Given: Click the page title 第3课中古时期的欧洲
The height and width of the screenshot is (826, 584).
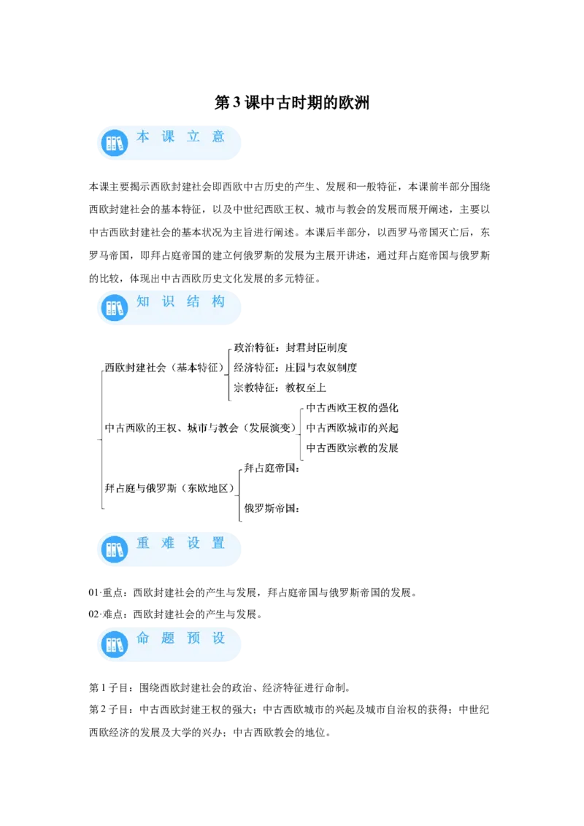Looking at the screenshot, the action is point(291,102).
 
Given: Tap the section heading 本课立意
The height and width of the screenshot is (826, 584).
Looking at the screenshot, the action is point(181,137).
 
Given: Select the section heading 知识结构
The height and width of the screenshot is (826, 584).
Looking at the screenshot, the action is point(181,301).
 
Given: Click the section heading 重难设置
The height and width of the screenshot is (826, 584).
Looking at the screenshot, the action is point(181,543).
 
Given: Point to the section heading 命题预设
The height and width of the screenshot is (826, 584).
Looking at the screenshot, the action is point(181,638).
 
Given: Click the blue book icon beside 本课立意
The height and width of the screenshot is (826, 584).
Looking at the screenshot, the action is point(115,143).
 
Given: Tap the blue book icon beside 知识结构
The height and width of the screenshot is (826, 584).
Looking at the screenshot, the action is point(115,308).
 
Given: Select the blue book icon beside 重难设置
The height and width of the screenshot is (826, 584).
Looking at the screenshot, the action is point(115,549).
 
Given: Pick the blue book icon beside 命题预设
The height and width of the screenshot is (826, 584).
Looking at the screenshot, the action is point(115,644).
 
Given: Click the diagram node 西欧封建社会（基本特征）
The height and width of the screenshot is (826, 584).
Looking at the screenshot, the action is point(164,368).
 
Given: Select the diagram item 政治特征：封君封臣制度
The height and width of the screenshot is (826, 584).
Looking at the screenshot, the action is point(291,347).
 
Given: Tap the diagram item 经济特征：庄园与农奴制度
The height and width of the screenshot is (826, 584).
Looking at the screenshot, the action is point(295,368).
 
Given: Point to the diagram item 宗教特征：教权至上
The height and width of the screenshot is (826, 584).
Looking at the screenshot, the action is point(280,387).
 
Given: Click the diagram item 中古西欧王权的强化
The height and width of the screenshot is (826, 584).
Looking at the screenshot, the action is point(352,408).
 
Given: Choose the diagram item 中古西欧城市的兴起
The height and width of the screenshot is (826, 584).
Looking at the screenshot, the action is point(352,428).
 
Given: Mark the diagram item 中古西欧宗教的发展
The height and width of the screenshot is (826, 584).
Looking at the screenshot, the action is point(352,448).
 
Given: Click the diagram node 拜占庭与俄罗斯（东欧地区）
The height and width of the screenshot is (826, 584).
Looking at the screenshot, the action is point(169,488).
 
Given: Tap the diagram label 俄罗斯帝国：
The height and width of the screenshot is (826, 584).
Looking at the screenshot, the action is point(272,509).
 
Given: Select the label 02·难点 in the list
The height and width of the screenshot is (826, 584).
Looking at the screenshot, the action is point(106,614).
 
